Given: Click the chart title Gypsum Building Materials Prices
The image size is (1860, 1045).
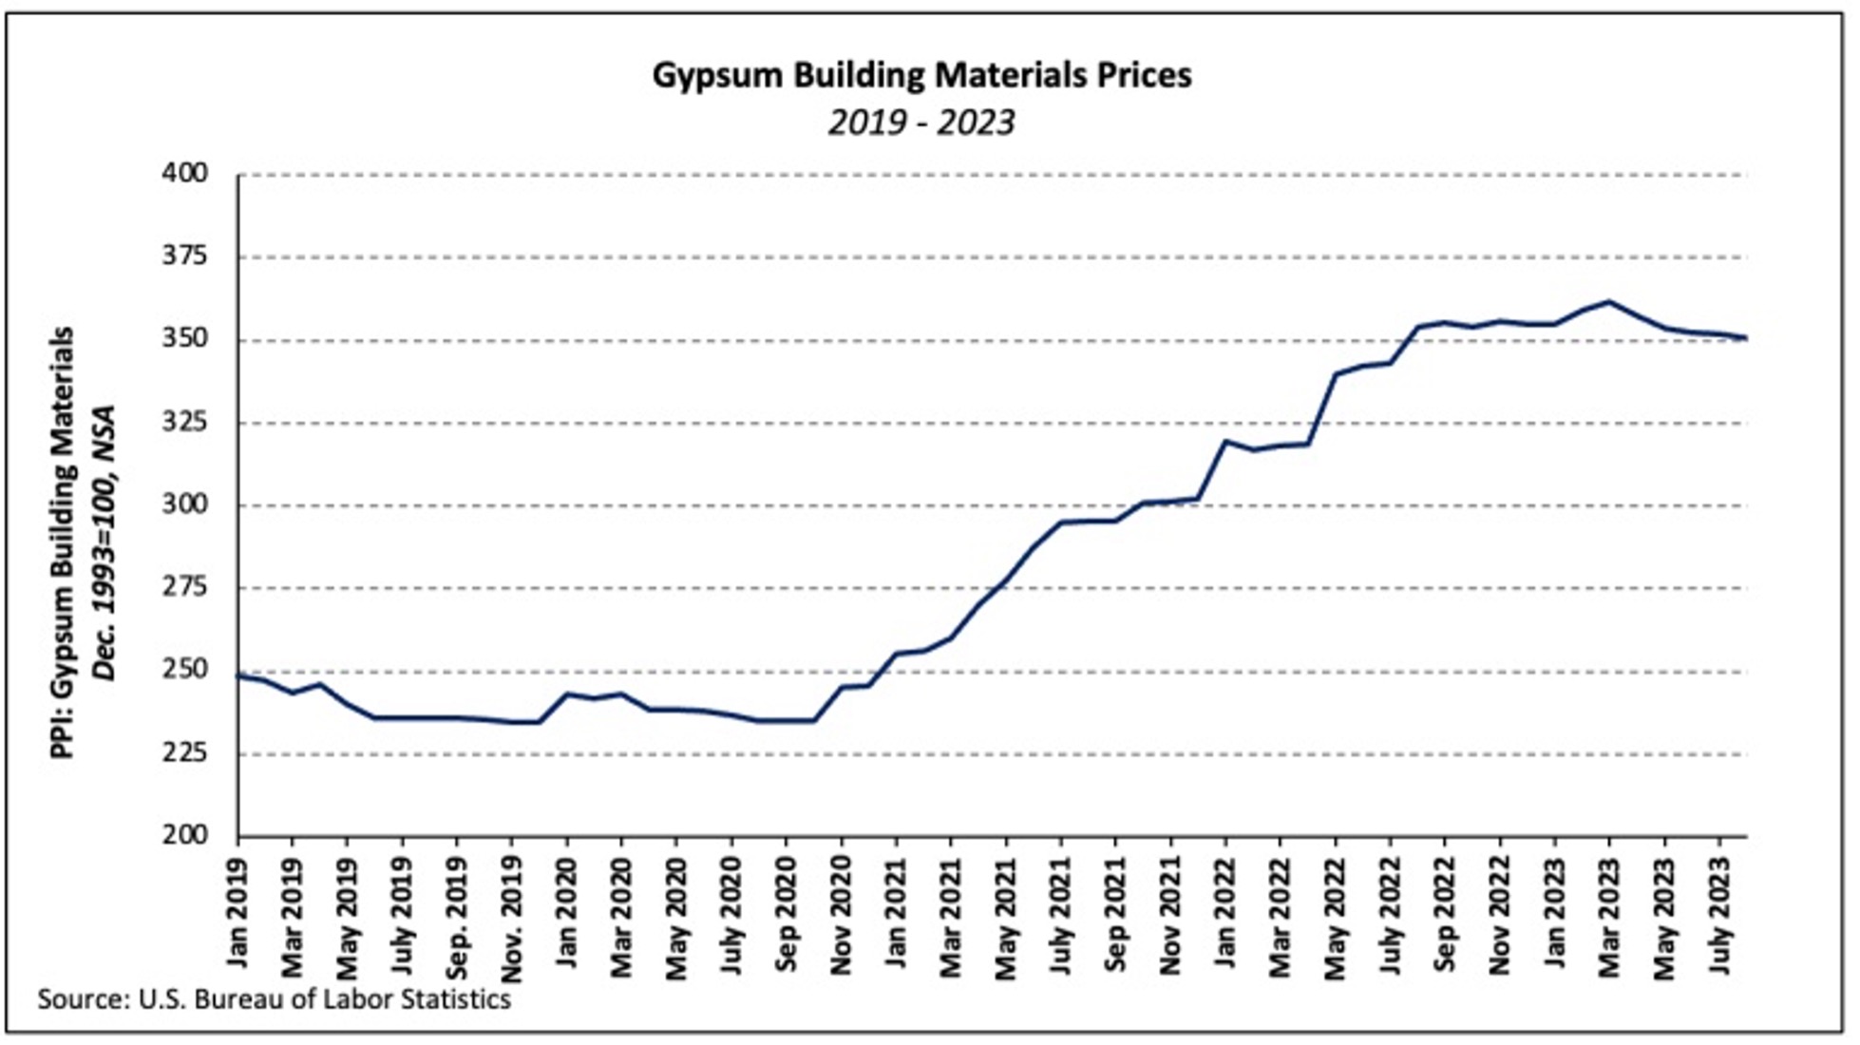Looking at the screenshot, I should [921, 75].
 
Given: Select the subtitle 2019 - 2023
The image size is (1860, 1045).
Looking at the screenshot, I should [921, 123].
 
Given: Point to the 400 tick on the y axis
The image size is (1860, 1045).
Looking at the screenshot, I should [185, 174].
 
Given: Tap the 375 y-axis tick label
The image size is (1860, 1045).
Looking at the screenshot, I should [185, 256].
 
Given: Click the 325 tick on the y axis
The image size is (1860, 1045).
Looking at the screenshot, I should [185, 422].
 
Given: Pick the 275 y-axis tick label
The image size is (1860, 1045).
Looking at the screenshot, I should [185, 587].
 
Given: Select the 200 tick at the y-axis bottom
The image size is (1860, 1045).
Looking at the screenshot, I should [185, 835].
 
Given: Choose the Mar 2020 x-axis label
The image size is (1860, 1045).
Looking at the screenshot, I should [621, 917].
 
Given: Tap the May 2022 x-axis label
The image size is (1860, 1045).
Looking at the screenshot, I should [1336, 917].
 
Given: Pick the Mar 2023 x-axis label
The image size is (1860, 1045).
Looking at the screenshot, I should [1610, 917].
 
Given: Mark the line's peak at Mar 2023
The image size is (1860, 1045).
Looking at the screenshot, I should [1609, 302].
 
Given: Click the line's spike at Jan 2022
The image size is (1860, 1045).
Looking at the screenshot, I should [1225, 441].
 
